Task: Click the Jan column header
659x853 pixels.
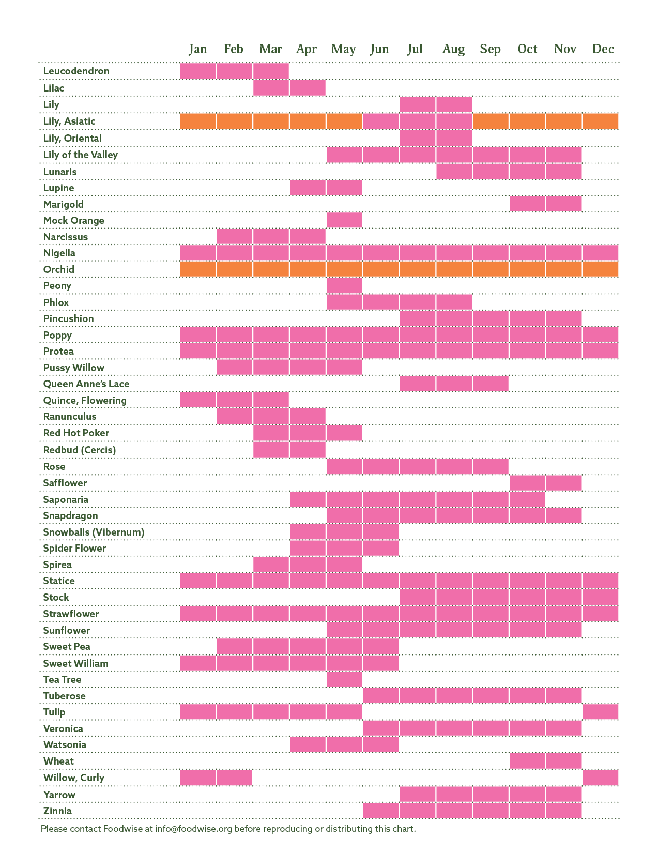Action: (198, 49)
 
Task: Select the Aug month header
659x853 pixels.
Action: (453, 49)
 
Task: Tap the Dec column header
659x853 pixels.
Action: (603, 49)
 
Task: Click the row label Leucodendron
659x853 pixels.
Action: (76, 71)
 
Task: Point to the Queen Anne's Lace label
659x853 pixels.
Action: (86, 384)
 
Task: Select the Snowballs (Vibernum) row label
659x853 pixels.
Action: (94, 532)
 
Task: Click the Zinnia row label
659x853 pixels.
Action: (57, 811)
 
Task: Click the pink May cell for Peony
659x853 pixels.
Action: (344, 285)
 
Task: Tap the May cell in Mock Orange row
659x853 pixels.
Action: (344, 220)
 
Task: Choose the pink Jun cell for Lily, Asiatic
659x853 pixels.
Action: (380, 121)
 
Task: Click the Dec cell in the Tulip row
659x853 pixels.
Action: (600, 712)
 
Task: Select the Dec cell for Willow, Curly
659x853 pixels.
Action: (600, 778)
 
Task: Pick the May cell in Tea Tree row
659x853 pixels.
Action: (344, 679)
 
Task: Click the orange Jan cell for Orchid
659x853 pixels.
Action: (198, 269)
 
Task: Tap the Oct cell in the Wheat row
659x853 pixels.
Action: (527, 761)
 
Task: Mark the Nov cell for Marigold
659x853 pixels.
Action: (563, 204)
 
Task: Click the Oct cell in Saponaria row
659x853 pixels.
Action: (527, 499)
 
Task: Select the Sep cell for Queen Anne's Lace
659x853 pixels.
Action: (491, 384)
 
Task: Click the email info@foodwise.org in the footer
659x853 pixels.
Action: (193, 829)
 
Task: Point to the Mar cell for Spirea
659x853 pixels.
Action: (271, 565)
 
